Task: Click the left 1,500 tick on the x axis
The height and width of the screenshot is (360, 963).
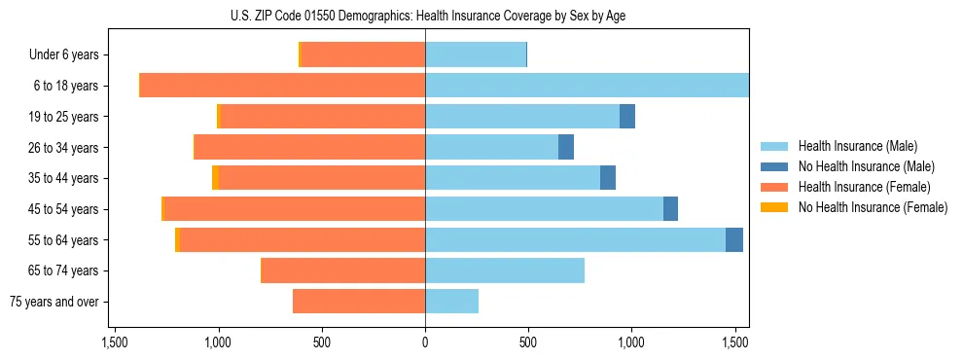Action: (115, 342)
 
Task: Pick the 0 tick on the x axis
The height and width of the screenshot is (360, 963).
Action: (425, 342)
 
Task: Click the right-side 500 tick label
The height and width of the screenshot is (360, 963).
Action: (528, 342)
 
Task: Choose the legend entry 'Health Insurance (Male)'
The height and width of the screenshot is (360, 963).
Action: (856, 146)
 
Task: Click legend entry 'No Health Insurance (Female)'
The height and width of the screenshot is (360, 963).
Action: (873, 207)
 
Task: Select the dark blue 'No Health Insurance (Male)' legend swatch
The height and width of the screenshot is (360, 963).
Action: (774, 166)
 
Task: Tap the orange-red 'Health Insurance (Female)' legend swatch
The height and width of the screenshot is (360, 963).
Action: (774, 187)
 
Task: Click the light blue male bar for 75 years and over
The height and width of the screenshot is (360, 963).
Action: (451, 302)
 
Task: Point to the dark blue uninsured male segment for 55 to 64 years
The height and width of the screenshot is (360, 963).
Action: (734, 240)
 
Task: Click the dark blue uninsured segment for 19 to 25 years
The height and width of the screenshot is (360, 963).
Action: (627, 117)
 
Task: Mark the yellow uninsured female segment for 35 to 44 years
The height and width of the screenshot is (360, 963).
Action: (215, 178)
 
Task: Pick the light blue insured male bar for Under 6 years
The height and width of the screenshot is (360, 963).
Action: (476, 55)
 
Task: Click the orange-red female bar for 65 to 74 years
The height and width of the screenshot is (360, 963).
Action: (343, 270)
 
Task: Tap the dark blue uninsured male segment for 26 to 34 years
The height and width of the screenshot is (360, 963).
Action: (566, 148)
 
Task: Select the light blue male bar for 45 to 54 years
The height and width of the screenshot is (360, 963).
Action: (544, 209)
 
